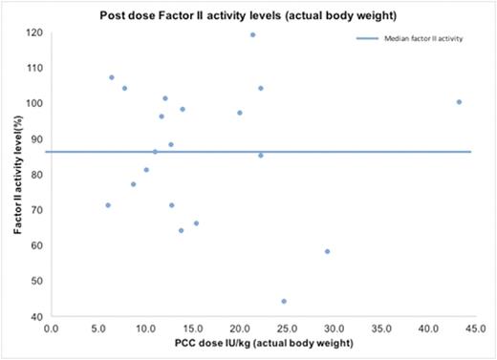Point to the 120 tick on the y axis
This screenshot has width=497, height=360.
[35, 32]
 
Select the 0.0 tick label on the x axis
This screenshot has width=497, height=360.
[52, 327]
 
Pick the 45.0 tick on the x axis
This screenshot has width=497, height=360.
[472, 327]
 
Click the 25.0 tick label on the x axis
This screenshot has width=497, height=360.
[285, 327]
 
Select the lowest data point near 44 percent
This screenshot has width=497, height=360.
[284, 301]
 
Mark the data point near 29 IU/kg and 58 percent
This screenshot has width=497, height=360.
[327, 251]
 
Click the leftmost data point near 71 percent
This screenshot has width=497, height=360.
[108, 205]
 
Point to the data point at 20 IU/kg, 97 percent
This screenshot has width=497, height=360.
[239, 113]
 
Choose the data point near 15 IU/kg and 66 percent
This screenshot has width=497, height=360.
[196, 223]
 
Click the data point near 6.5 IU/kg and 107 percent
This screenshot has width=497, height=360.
[112, 77]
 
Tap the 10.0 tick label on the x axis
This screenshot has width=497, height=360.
[145, 327]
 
